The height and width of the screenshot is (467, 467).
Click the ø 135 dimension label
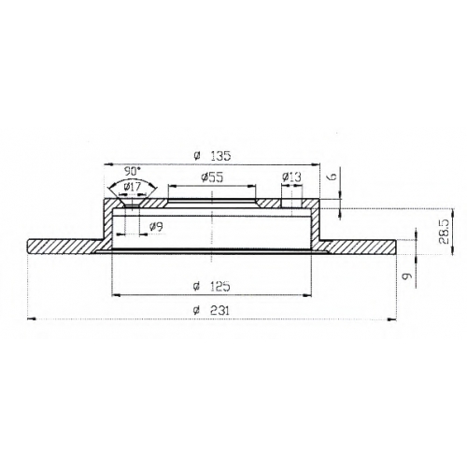212,156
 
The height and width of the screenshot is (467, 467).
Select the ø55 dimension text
212,177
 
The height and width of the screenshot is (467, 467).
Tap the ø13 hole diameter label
291,177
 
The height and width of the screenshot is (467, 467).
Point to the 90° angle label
133,171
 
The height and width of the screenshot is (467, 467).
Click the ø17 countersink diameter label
133,187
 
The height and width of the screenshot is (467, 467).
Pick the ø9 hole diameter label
156,227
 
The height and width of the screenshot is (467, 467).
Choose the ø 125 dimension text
212,286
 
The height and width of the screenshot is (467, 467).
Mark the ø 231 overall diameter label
211,310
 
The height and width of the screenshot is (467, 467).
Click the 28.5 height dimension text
443,233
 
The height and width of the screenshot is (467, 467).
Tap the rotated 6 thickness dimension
333,177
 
